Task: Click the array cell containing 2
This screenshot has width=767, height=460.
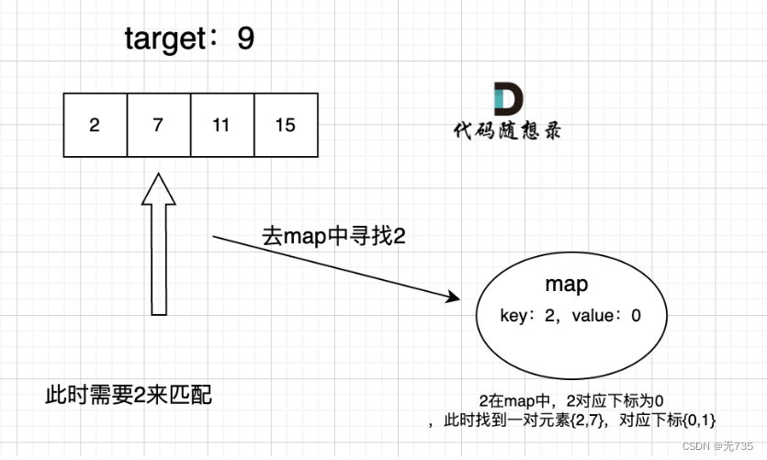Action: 95,125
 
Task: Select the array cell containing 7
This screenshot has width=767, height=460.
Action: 158,125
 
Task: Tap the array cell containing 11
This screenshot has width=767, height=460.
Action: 221,125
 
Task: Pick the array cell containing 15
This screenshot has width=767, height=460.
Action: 286,125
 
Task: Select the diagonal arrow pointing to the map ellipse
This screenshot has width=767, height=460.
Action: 335,267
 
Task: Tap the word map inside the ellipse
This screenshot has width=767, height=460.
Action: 566,285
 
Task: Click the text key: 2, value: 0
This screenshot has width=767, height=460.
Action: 570,315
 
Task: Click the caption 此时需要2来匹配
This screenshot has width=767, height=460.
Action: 128,396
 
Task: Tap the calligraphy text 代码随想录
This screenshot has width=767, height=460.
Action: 507,131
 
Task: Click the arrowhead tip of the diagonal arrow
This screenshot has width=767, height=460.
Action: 457,299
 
